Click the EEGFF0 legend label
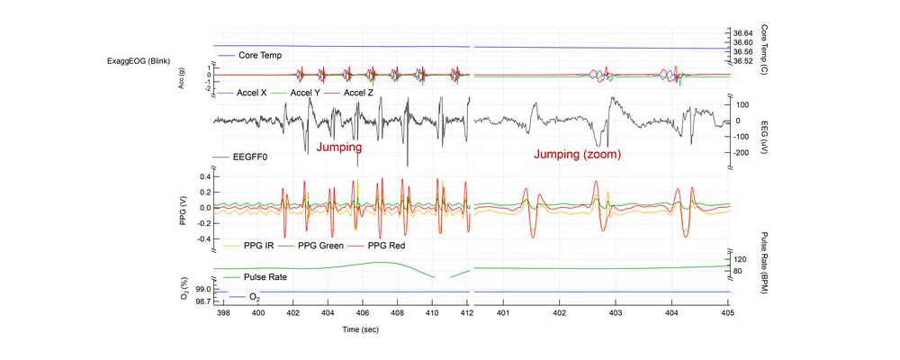(250, 157)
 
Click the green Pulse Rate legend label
(265, 277)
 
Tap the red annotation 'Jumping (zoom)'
(577, 155)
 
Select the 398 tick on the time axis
(222, 313)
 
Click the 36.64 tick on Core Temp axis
(743, 33)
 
